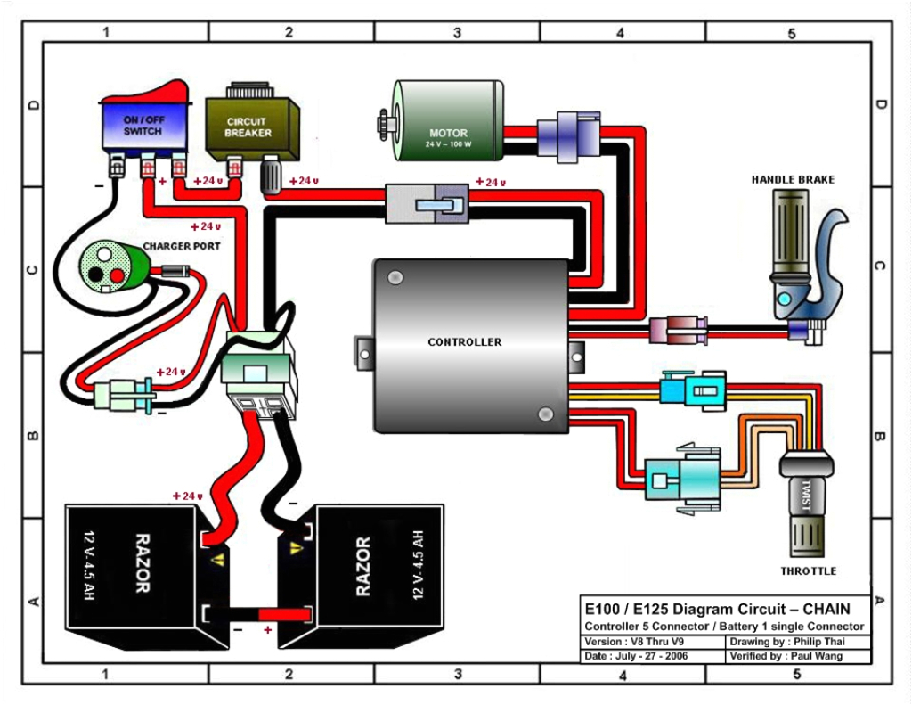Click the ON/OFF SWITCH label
click(142, 126)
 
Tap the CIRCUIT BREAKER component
click(247, 127)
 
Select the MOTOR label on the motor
click(448, 134)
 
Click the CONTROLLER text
click(464, 342)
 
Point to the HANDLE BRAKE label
click(793, 180)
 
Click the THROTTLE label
click(809, 570)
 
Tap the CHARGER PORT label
click(182, 245)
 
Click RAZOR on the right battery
click(363, 566)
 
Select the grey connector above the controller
click(427, 204)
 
